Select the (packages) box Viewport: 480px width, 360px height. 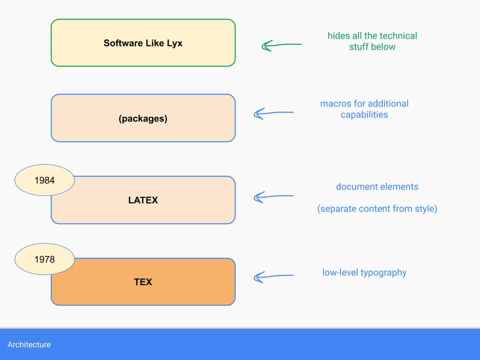point(143,118)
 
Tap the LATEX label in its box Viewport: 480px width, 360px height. point(143,200)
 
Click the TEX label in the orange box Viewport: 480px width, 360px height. point(143,282)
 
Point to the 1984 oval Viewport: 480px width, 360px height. point(44,180)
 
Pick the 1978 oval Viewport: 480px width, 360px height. point(44,259)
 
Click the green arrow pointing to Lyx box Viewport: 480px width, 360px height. point(281,45)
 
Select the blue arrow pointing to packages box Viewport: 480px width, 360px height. point(273,113)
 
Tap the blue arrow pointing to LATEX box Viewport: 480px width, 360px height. point(273,197)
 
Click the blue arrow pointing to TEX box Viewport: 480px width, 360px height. point(273,276)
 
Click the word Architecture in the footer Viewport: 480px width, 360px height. point(29,344)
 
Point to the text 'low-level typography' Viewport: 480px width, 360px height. point(364,272)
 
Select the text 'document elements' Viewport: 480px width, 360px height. point(377,187)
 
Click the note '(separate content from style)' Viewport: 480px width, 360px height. point(377,208)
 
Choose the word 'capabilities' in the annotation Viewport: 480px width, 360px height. point(364,114)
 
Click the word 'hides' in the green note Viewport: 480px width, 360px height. point(338,35)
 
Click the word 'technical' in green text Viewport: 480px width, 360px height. point(398,35)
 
